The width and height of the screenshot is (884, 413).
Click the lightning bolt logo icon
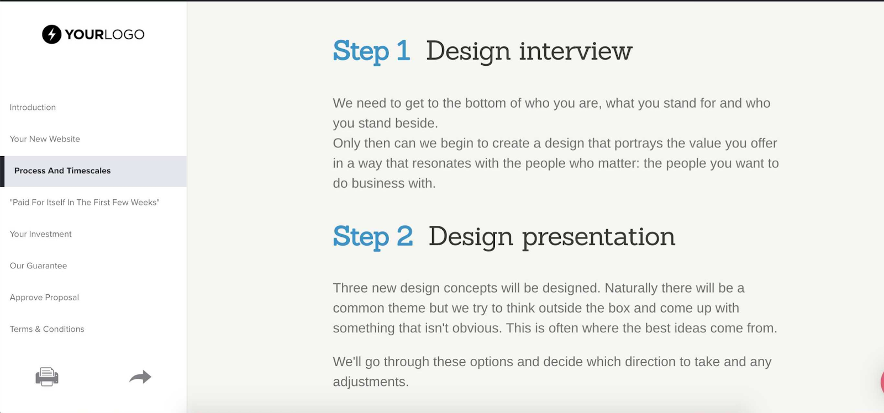pos(52,34)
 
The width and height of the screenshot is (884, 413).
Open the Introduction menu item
pos(33,107)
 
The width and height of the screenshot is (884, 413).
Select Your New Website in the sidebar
pos(45,139)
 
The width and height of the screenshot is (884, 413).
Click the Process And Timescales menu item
pos(62,171)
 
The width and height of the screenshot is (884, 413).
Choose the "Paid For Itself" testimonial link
pos(85,202)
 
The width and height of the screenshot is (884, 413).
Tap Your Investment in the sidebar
pos(41,234)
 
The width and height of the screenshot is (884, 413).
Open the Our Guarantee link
pos(38,266)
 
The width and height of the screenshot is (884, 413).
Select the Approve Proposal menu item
pos(44,298)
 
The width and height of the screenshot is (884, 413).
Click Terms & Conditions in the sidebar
pos(47,329)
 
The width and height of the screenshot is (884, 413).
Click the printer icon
pos(47,377)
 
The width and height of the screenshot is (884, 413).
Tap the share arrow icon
pos(140,377)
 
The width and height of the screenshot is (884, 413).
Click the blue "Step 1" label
pos(371,51)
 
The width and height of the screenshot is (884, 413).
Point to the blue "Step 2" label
pos(373,237)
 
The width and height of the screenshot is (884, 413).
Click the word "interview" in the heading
pos(575,51)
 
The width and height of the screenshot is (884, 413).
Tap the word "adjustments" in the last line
pos(371,382)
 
